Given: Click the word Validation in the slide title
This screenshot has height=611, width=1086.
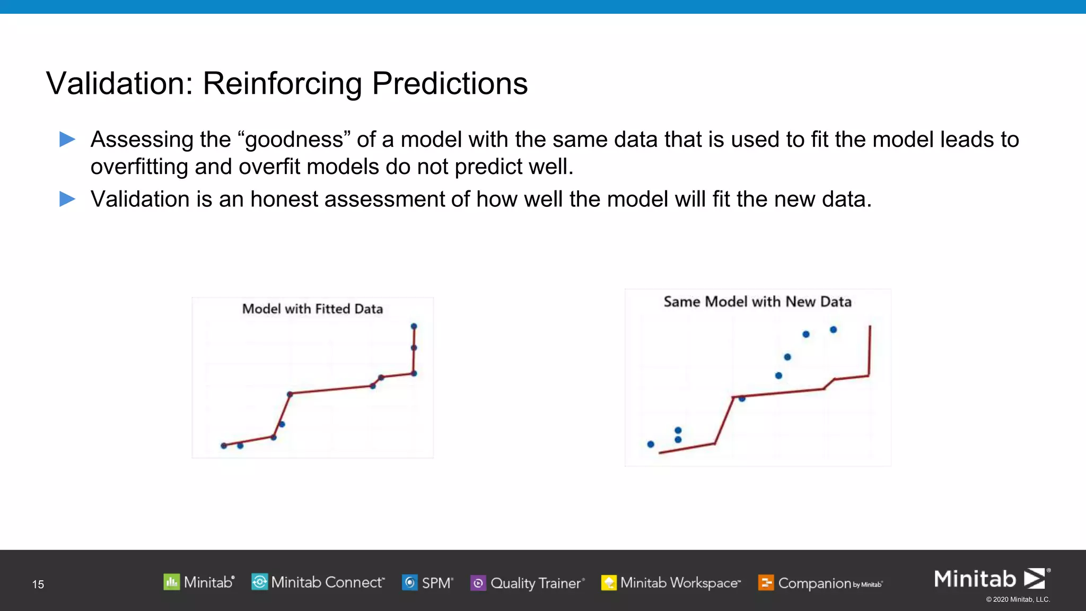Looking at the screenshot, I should [x=120, y=84].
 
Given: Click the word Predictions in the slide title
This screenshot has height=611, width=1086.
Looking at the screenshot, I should [x=450, y=84].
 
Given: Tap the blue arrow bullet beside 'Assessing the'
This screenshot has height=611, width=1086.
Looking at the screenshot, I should [x=67, y=139].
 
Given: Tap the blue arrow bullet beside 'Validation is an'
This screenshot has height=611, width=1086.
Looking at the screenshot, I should [x=67, y=199].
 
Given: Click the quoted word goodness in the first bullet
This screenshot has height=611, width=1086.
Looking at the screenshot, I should [x=294, y=140].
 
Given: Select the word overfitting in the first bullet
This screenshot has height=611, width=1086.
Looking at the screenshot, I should [x=139, y=167].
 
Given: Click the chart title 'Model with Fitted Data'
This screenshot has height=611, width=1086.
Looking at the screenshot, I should [x=312, y=309].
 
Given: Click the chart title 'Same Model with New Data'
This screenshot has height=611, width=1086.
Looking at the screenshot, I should [x=757, y=302].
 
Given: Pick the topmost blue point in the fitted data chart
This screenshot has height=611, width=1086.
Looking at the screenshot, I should [x=414, y=326].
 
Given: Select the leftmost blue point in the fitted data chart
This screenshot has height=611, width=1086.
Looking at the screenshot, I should [x=224, y=446].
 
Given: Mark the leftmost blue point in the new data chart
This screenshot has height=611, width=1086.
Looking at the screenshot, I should [x=651, y=444].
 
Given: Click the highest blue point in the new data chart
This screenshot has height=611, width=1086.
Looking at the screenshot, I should [x=833, y=330].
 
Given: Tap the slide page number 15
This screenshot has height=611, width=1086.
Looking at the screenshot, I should [x=38, y=584].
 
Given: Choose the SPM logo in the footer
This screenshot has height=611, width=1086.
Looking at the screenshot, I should [x=427, y=583].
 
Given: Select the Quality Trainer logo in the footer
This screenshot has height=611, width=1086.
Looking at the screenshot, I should [x=528, y=583].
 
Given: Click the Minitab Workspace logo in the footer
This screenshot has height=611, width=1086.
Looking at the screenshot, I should [x=671, y=583].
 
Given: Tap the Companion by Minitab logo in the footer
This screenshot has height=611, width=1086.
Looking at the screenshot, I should [x=820, y=583].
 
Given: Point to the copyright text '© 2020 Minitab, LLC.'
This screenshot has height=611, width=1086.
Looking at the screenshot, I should [x=1018, y=599].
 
